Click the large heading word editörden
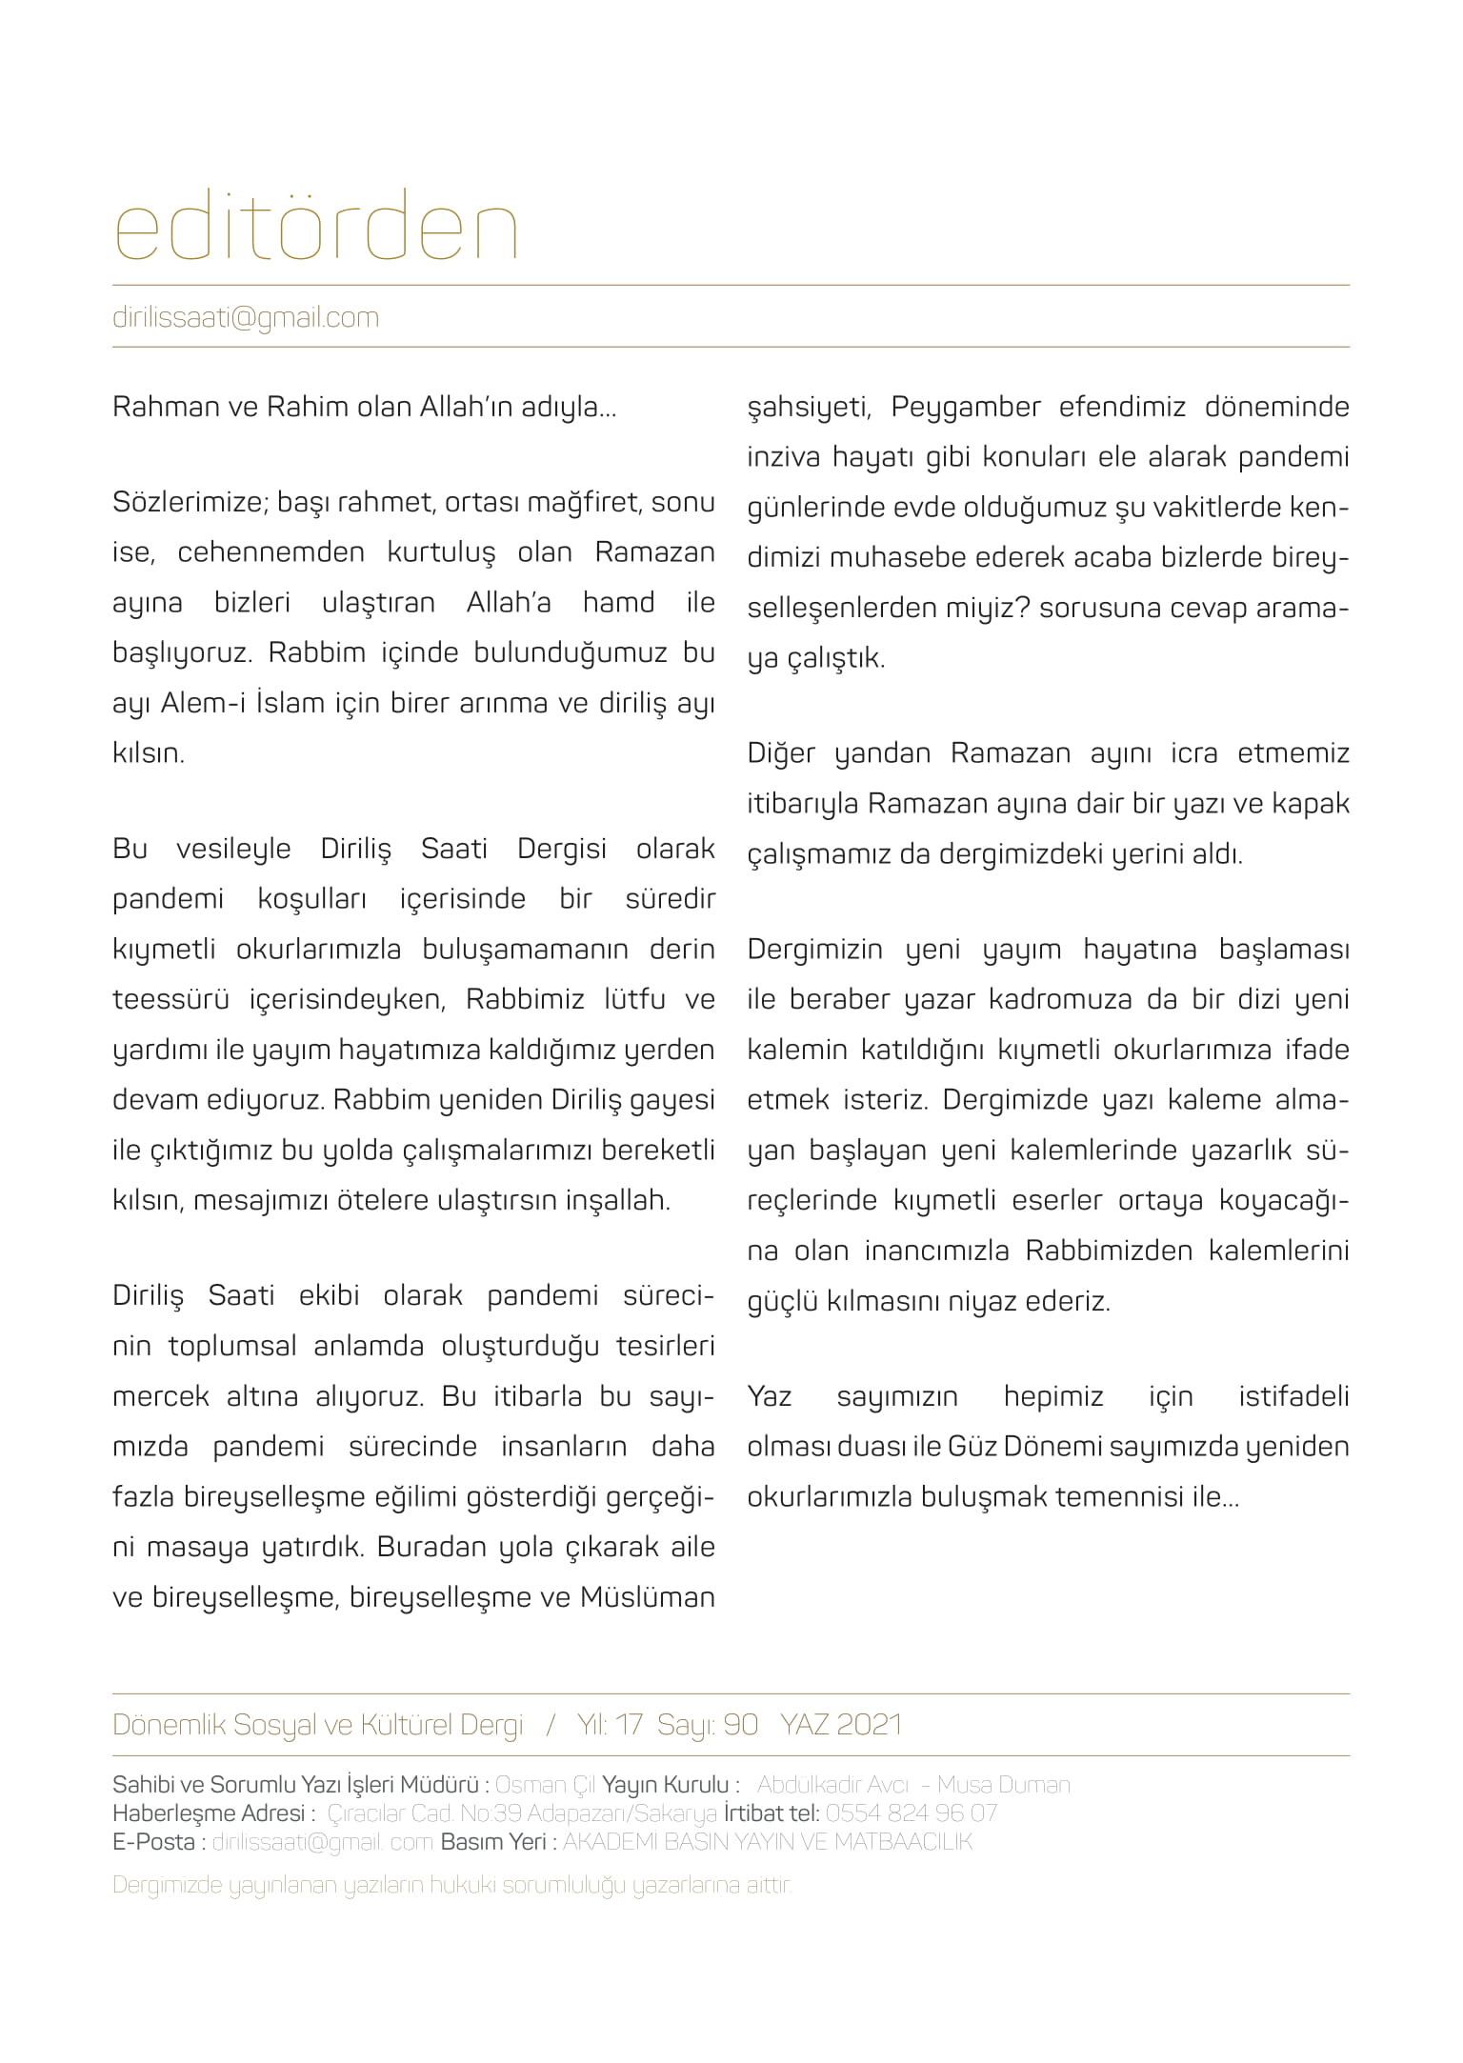pos(315,226)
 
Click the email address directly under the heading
pos(246,317)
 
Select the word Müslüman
pos(648,1597)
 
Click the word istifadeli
pos(1293,1396)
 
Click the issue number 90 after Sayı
pos(740,1725)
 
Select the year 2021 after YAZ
pos(870,1725)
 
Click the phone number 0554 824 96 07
pos(912,1813)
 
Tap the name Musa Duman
pos(1004,1784)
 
